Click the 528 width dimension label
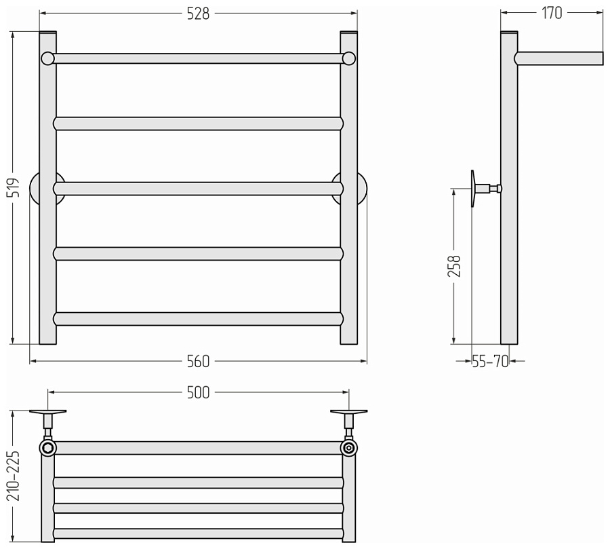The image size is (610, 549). coord(198,14)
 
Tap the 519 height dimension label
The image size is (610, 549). coord(14,187)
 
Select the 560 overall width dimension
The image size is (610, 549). coord(198,362)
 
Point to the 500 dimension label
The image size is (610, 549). coord(198,392)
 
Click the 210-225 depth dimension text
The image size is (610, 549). coord(13,476)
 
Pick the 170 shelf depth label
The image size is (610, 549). coord(552,14)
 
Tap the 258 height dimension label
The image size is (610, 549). coord(454,266)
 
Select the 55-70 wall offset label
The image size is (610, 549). coord(490,362)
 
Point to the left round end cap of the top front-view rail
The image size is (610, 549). coord(48,58)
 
